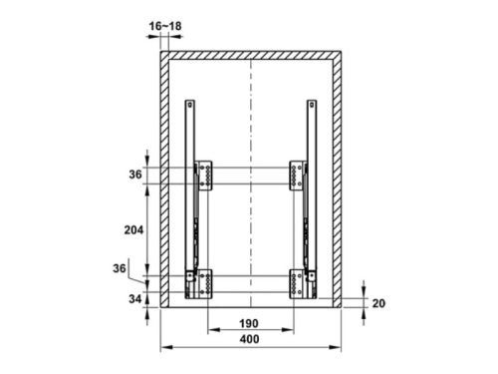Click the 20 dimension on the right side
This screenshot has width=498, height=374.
[378, 303]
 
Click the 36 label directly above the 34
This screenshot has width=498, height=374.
[121, 268]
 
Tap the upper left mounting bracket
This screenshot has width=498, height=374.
[205, 175]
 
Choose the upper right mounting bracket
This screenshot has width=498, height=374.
[297, 175]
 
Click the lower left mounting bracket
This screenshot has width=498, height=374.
[205, 283]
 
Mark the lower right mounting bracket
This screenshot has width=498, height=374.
[297, 283]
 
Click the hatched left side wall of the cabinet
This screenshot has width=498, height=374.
[165, 180]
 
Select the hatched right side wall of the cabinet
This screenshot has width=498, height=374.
[342, 180]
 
